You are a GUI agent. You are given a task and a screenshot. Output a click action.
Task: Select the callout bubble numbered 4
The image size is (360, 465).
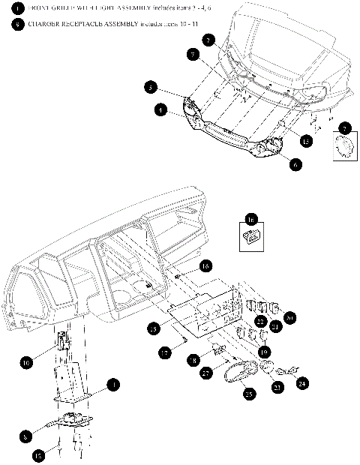[x=160, y=109]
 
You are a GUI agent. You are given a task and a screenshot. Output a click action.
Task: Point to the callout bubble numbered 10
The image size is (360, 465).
[x=27, y=362]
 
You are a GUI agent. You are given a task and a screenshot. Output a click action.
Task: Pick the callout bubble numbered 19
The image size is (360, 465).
[x=264, y=351]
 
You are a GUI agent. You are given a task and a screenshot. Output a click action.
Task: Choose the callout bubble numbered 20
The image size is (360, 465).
[x=290, y=317]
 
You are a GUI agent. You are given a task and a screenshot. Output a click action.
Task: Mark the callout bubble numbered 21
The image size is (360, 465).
[x=275, y=327]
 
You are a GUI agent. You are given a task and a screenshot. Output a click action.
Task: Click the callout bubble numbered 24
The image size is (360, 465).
[x=303, y=382]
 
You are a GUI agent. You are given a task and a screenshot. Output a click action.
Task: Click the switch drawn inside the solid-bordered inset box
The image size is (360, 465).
[x=252, y=238]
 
